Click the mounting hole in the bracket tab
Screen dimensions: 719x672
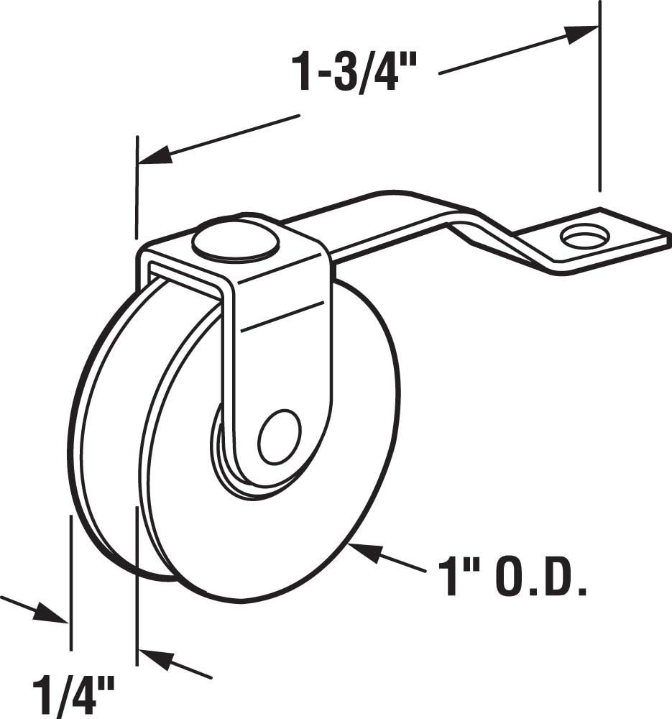tap(584, 236)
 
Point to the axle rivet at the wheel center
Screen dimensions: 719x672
tap(279, 437)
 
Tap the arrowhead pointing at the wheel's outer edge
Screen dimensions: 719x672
tap(364, 552)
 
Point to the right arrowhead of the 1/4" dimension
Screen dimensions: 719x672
tap(155, 659)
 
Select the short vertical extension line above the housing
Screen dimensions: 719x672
tap(136, 187)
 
